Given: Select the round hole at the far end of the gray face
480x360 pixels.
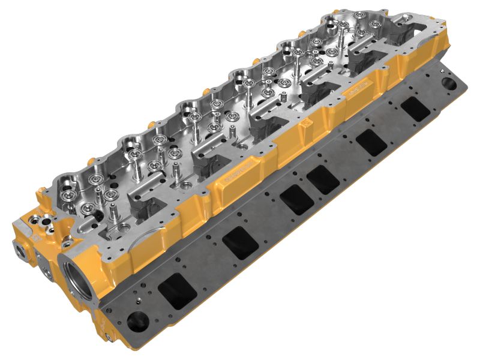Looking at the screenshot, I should tap(448, 82).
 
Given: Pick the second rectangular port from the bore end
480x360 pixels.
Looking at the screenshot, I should tap(238, 242).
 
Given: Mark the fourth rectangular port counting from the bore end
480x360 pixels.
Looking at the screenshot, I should tap(323, 179).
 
